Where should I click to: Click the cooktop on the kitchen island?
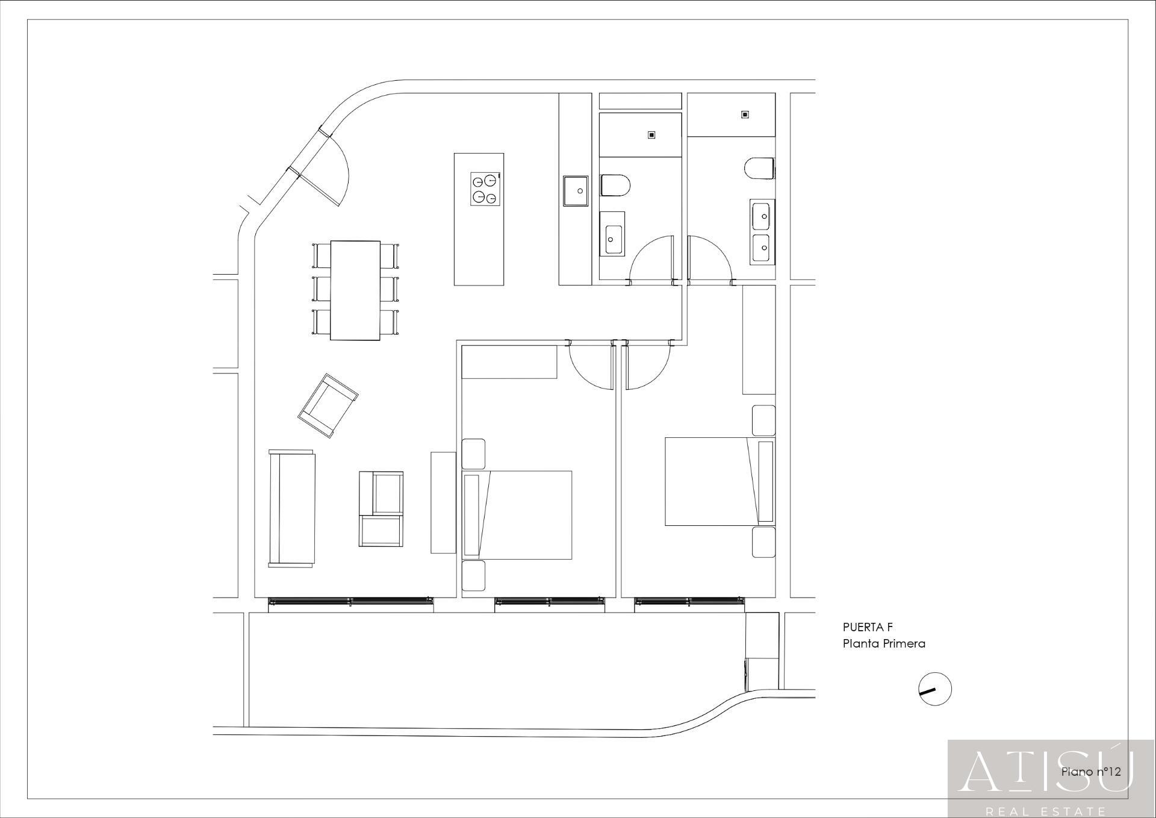pos(485,189)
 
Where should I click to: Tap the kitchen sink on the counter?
pos(576,190)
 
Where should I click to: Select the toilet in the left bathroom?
pos(615,185)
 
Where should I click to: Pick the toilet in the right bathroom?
pos(759,168)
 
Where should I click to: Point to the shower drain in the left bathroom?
pos(651,135)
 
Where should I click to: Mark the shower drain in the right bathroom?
pos(745,114)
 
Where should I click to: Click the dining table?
pos(355,290)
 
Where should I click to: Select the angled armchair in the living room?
pos(328,405)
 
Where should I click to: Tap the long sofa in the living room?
pos(292,508)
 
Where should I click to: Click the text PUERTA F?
pos(868,628)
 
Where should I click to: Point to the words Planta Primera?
pos(883,643)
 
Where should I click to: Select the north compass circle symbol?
pos(934,688)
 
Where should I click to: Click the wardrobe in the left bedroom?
pos(509,361)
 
